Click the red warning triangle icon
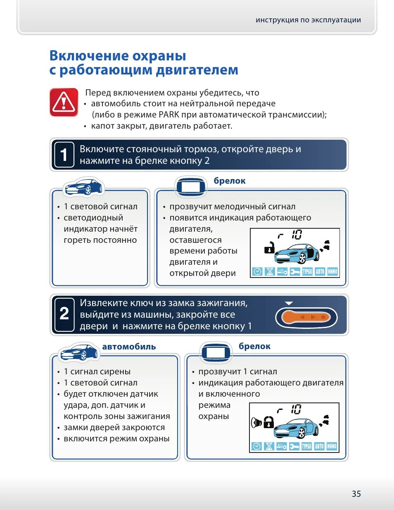coord(64,102)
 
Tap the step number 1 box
coord(64,155)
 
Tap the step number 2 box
coord(64,314)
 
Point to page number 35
coord(356,493)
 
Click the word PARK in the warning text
coord(169,115)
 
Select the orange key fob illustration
coord(306,317)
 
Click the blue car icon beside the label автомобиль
coord(79,352)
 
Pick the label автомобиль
coord(129,347)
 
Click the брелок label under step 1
coord(230,181)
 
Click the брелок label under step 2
coord(254,346)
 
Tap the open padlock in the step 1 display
coord(269,247)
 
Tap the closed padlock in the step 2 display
coord(268,422)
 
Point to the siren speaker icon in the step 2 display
coord(256,423)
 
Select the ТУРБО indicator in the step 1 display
coord(307,272)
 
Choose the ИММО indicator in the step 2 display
coord(332,446)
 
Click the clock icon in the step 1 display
coord(257,272)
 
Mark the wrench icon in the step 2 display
coord(294,446)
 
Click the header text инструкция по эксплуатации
coord(308,20)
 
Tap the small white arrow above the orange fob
coord(289,304)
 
